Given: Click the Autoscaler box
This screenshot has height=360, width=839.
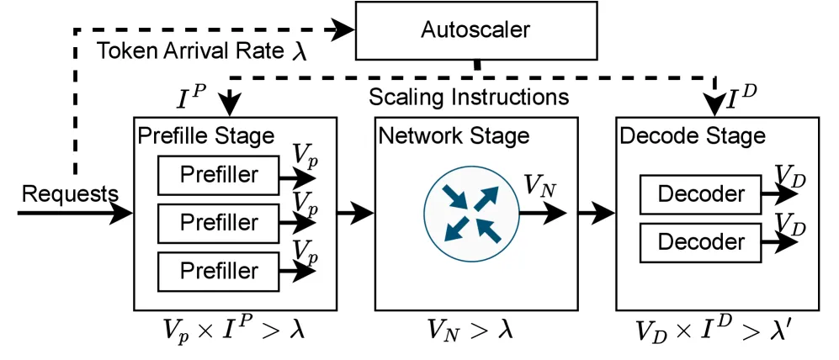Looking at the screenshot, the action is (476, 30).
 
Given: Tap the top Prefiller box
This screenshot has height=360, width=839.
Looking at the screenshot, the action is (218, 176).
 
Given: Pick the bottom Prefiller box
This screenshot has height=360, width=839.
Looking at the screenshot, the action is (218, 272).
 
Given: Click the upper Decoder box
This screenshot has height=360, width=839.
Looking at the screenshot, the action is (701, 194).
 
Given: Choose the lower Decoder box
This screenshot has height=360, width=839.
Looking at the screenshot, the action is (701, 242).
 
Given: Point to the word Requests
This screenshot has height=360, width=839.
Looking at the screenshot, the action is (70, 194).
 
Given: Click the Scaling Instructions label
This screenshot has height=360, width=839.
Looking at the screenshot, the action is (469, 98).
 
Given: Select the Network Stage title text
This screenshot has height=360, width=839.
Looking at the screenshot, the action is (454, 136).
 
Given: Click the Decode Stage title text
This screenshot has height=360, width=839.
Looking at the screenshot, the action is (693, 136).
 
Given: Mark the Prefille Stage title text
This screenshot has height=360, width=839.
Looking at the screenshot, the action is (206, 136).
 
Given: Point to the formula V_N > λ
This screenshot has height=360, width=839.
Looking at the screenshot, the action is (470, 330).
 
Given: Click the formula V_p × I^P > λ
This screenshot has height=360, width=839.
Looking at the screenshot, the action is (233, 330).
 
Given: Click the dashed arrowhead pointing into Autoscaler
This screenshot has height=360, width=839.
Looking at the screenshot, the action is (343, 30).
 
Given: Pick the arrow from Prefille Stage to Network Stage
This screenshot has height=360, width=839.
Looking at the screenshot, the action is (355, 214).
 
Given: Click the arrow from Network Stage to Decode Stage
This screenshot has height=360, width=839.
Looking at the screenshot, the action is (597, 214).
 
